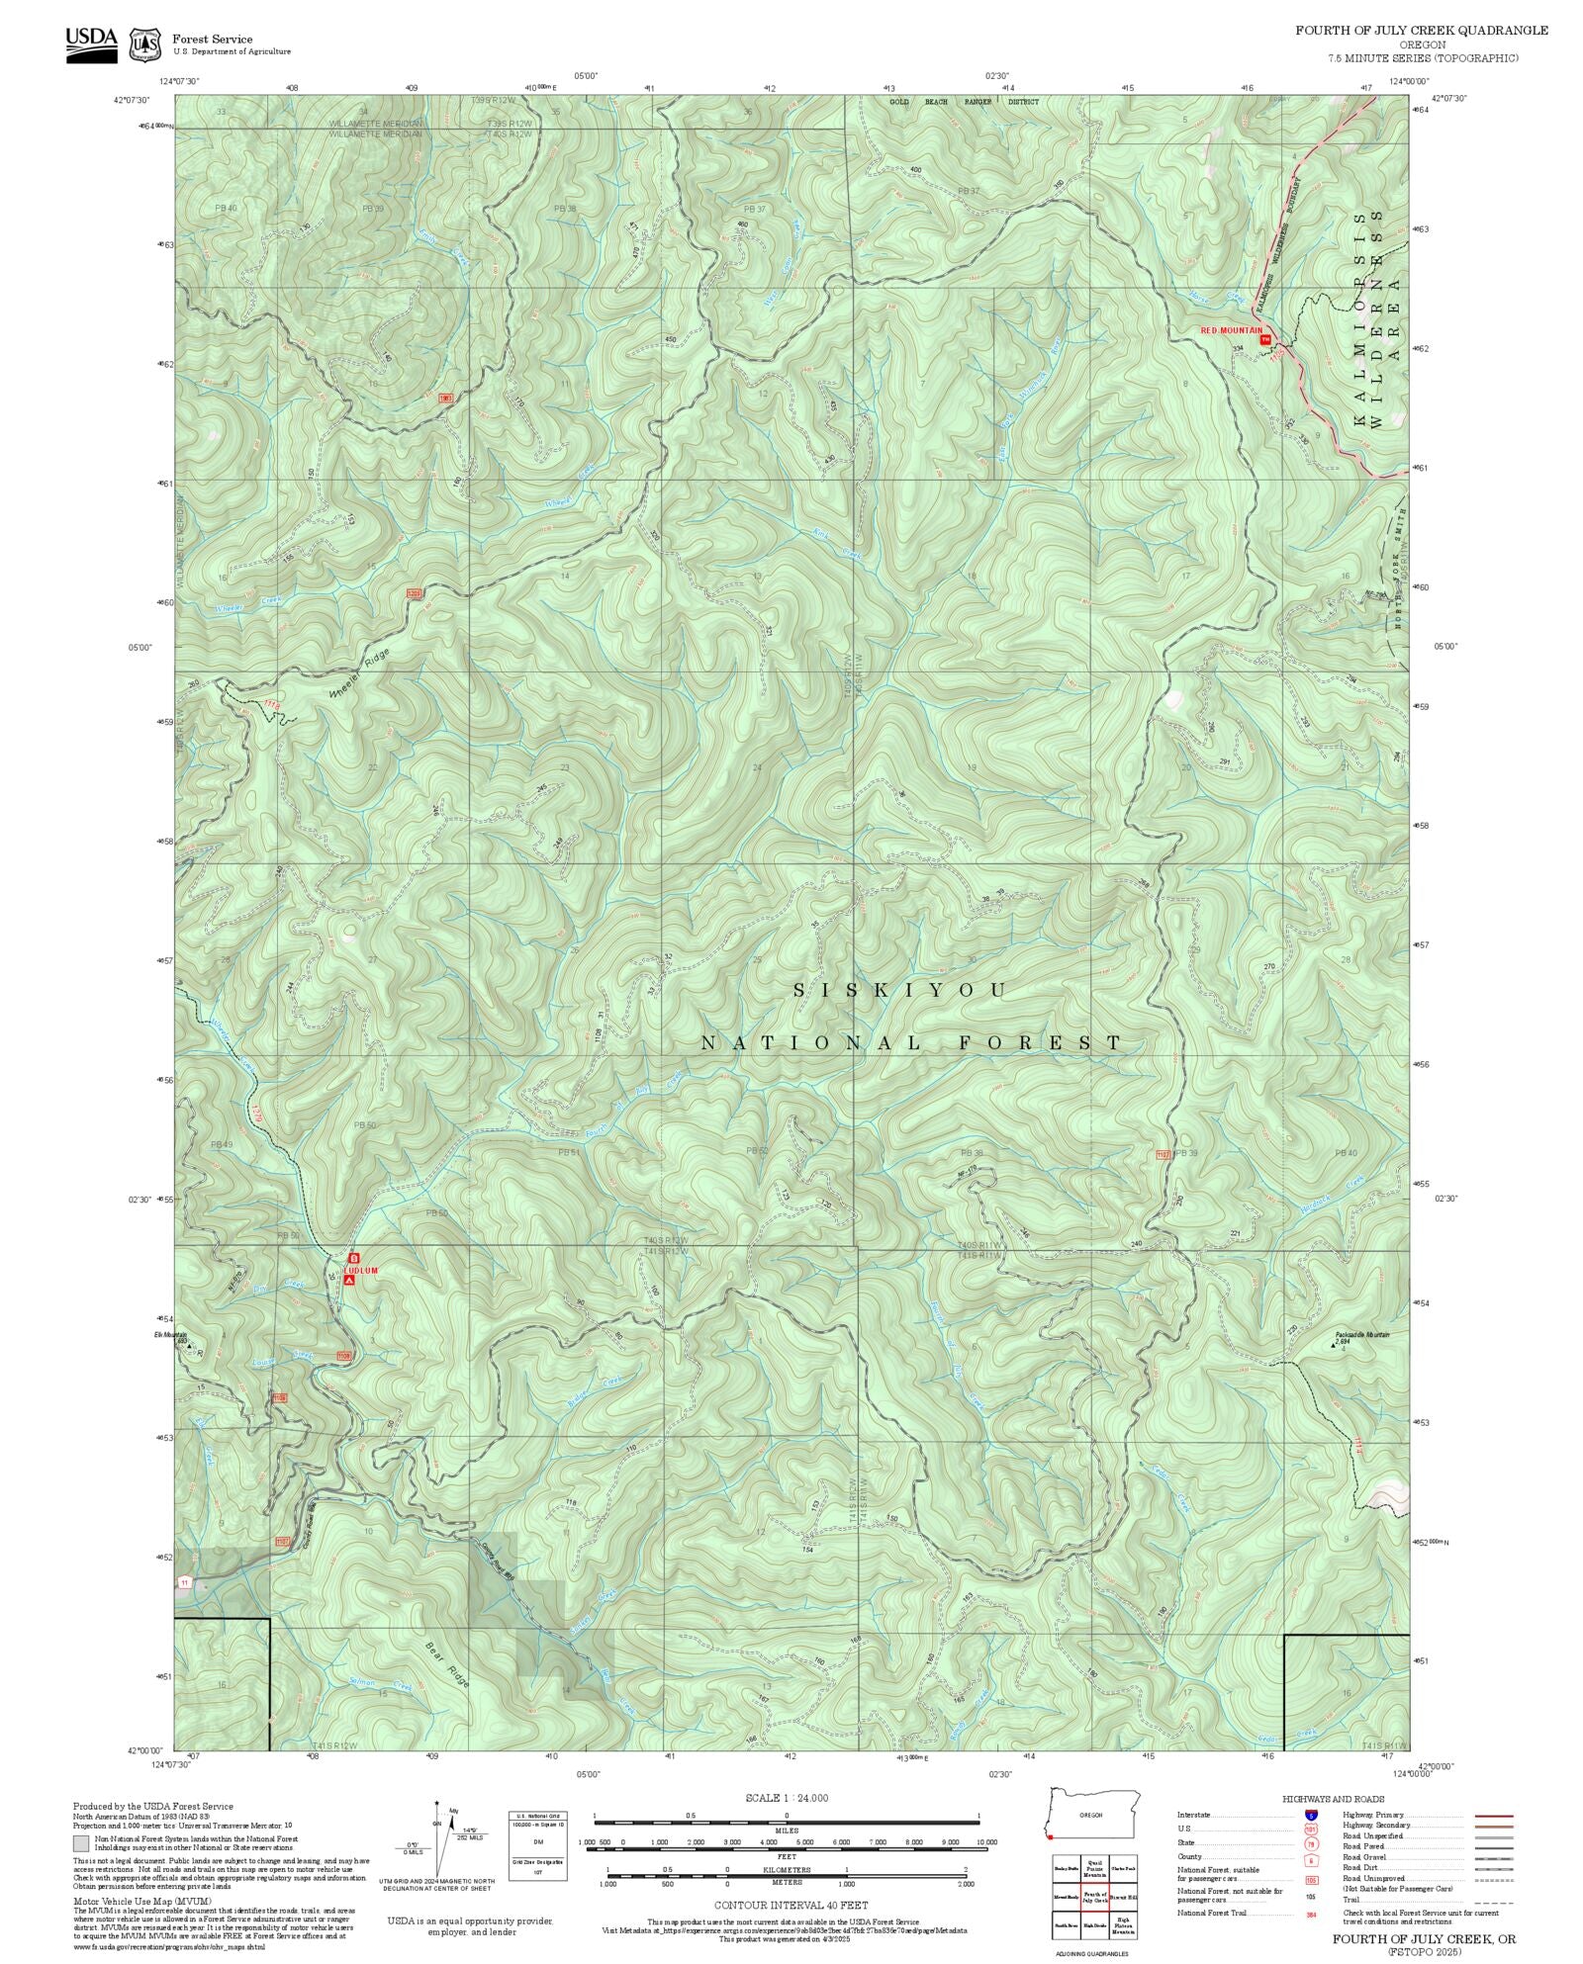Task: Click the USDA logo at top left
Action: tap(91, 45)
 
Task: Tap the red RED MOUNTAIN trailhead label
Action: tap(1231, 330)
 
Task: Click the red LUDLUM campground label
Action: tap(360, 1270)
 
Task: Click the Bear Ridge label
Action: tap(447, 1663)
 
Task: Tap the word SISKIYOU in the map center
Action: tap(900, 990)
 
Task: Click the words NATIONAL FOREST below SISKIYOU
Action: tap(911, 1043)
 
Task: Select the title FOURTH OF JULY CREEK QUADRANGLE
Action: tap(1422, 31)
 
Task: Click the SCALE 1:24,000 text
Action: tap(787, 1798)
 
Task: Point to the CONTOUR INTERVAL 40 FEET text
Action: tap(791, 1905)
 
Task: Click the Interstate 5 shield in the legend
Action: tap(1311, 1816)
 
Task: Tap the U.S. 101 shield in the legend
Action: tap(1311, 1830)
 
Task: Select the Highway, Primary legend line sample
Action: tap(1494, 1816)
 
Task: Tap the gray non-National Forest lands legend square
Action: tap(81, 1843)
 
